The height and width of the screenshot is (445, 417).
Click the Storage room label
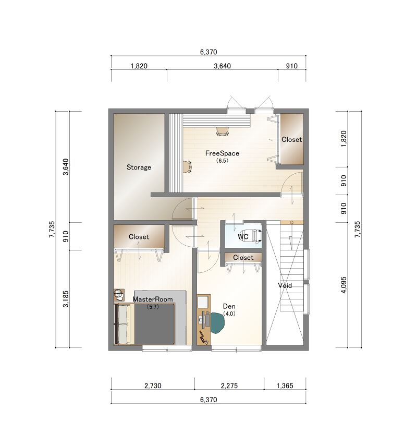point(139,167)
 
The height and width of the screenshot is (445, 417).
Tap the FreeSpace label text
point(222,153)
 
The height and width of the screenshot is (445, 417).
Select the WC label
point(243,236)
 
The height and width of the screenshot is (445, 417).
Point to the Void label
point(285,285)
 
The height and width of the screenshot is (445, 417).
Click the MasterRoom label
point(153,299)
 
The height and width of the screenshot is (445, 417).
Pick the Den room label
point(229,306)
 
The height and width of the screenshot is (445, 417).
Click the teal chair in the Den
point(217,323)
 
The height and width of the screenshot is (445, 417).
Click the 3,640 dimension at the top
point(222,66)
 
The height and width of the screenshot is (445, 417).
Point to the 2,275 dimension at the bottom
point(229,386)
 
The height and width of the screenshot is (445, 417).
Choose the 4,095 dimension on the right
point(344,285)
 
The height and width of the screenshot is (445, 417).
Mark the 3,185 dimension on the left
point(66,298)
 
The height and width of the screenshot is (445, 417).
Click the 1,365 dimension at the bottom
point(285,386)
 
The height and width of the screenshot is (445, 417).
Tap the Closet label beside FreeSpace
point(292,140)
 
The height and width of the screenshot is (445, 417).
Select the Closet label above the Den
point(243,257)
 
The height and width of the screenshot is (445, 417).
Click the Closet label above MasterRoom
point(139,237)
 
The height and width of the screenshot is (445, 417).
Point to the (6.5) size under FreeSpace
point(222,161)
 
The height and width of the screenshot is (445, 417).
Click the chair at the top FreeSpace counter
point(222,131)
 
